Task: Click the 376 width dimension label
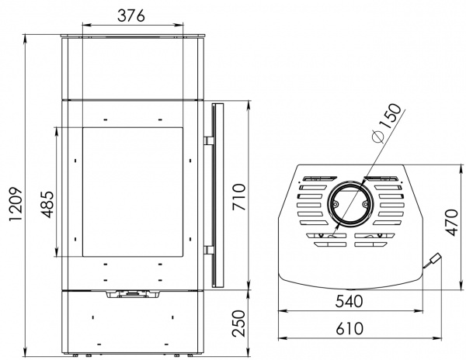pos(131,16)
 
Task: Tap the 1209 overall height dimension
pos(16,204)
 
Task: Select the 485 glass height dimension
pos(47,205)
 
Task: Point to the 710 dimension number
pos(239,197)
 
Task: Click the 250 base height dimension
pos(239,324)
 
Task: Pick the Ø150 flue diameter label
pos(387,123)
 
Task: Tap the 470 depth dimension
pos(452,223)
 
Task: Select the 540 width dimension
pos(349,301)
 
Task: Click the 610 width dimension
pos(349,328)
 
